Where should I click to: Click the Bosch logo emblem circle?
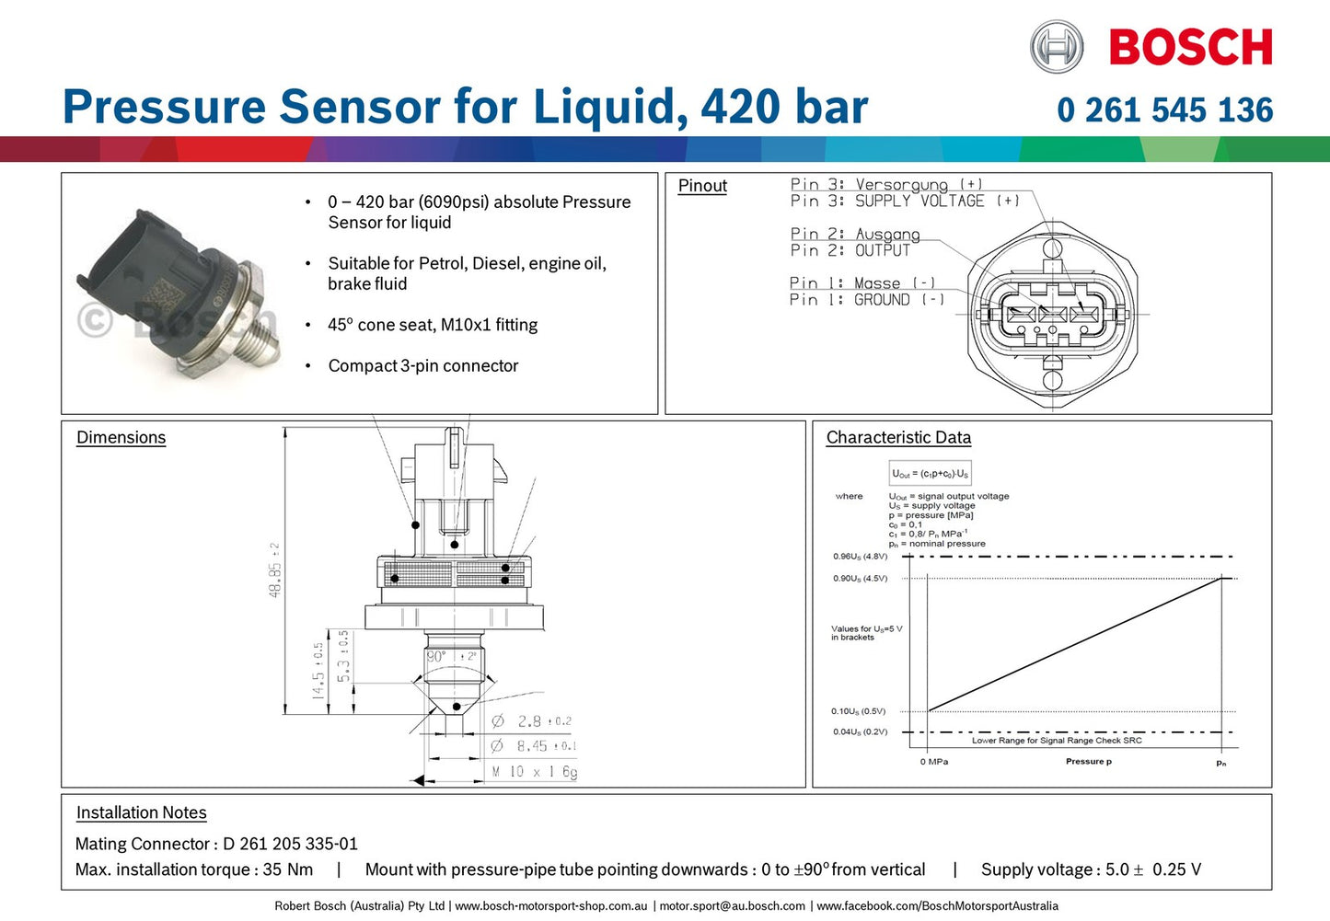[1056, 47]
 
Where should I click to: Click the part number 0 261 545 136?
[1164, 110]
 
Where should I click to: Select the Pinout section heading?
[702, 186]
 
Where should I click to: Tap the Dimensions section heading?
[121, 438]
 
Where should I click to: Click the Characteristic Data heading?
[898, 438]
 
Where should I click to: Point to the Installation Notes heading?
[141, 812]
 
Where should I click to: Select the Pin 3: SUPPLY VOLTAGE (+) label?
[904, 201]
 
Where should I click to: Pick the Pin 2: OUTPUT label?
[850, 250]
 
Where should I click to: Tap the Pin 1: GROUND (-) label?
[866, 300]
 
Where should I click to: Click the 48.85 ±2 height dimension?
[275, 570]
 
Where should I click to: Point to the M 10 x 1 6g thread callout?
[534, 772]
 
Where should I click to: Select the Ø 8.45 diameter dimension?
[533, 746]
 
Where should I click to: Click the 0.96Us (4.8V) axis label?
[860, 557]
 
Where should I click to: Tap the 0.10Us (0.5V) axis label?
[858, 711]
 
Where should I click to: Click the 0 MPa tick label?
[933, 762]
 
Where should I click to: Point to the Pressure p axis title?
[1088, 762]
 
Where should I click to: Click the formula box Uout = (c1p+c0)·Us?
[930, 474]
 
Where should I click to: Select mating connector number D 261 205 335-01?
[290, 844]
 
